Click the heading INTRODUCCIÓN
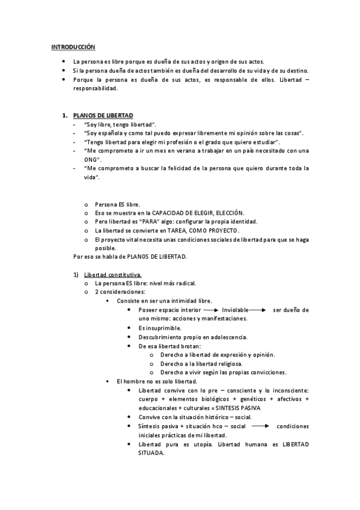point(73,46)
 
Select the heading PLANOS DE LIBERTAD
point(103,115)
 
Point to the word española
point(113,132)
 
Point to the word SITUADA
point(150,453)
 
